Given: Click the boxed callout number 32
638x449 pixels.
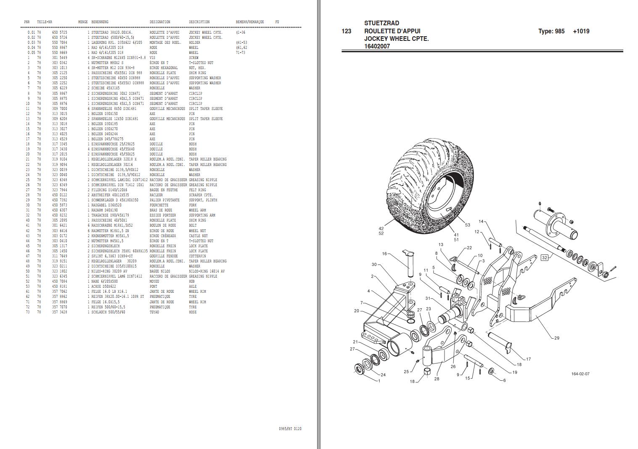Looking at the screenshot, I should pyautogui.click(x=545, y=257).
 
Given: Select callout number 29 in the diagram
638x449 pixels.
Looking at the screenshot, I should pyautogui.click(x=557, y=338).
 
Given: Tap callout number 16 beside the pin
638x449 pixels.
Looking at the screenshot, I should pyautogui.click(x=384, y=254).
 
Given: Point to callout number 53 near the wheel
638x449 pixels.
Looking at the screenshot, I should pyautogui.click(x=467, y=225).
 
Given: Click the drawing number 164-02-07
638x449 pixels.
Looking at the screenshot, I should pyautogui.click(x=580, y=374).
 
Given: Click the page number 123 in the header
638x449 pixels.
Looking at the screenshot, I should pyautogui.click(x=346, y=31).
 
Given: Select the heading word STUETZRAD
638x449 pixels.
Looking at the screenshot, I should pyautogui.click(x=381, y=23).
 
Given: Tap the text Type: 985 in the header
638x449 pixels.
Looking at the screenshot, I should pyautogui.click(x=551, y=31).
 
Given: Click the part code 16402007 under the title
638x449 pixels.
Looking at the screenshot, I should pyautogui.click(x=377, y=46).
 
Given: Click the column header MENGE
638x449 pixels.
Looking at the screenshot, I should pyautogui.click(x=82, y=22).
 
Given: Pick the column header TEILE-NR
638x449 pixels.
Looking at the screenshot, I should pyautogui.click(x=45, y=22).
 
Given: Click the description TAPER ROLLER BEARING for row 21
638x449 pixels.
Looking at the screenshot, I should pyautogui.click(x=207, y=159).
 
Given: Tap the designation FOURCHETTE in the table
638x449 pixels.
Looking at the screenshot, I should pyautogui.click(x=159, y=205).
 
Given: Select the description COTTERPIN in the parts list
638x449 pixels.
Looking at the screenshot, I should pyautogui.click(x=197, y=256).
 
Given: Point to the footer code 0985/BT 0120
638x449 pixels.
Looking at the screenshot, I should pyautogui.click(x=290, y=429).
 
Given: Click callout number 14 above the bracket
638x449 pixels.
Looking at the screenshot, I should pyautogui.click(x=481, y=221).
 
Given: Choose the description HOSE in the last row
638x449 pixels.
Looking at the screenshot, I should pyautogui.click(x=193, y=312).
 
